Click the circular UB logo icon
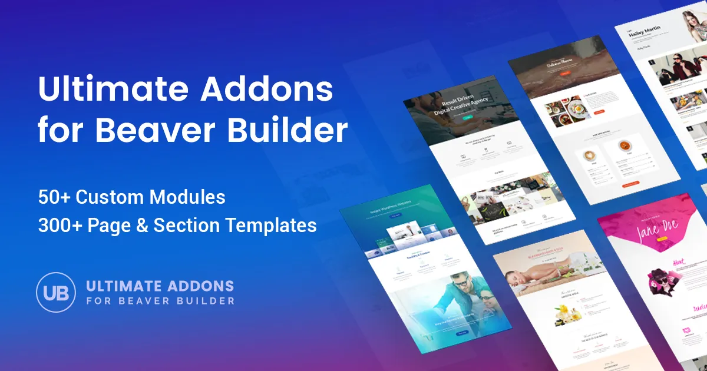(56, 291)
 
